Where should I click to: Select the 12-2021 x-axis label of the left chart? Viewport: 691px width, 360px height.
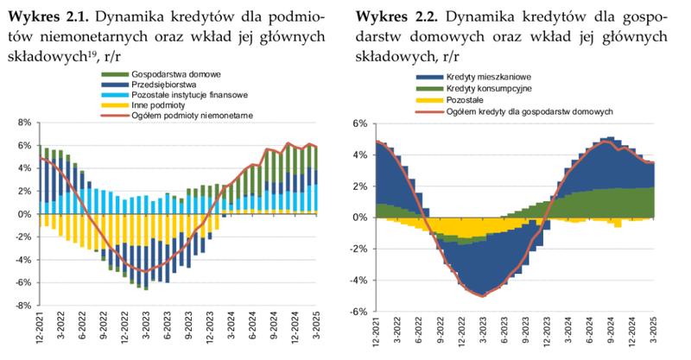tap(40, 332)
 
